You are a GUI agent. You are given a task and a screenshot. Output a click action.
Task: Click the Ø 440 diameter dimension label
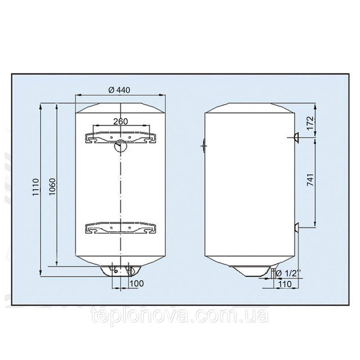pyautogui.click(x=119, y=90)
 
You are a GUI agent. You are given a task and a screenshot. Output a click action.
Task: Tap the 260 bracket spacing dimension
pyautogui.click(x=121, y=121)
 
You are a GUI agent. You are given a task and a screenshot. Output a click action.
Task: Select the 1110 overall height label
pyautogui.click(x=36, y=187)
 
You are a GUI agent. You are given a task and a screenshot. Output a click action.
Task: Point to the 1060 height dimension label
pyautogui.click(x=52, y=186)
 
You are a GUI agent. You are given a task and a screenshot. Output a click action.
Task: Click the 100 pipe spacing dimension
pyautogui.click(x=136, y=283)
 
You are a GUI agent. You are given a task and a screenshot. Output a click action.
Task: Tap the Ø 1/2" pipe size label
pyautogui.click(x=288, y=273)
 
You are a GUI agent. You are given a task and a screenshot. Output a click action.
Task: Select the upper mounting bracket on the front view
pyautogui.click(x=121, y=138)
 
